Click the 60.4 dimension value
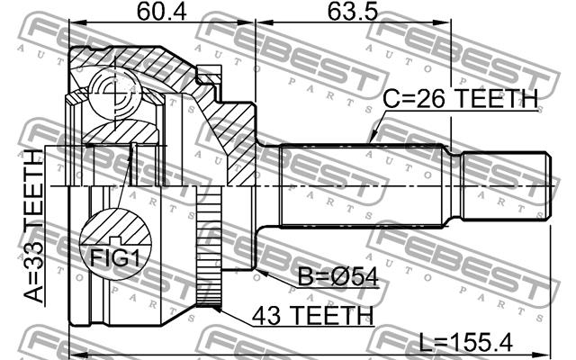pyautogui.click(x=162, y=12)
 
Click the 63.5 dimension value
pyautogui.click(x=353, y=12)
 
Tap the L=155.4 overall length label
pyautogui.click(x=466, y=344)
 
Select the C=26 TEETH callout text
pyautogui.click(x=460, y=98)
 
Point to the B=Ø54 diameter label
pyautogui.click(x=337, y=276)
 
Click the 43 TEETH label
pyautogui.click(x=312, y=315)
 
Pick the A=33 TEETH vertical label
pyautogui.click(x=34, y=226)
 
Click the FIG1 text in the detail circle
pyautogui.click(x=115, y=258)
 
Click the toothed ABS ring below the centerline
pyautogui.click(x=209, y=246)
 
